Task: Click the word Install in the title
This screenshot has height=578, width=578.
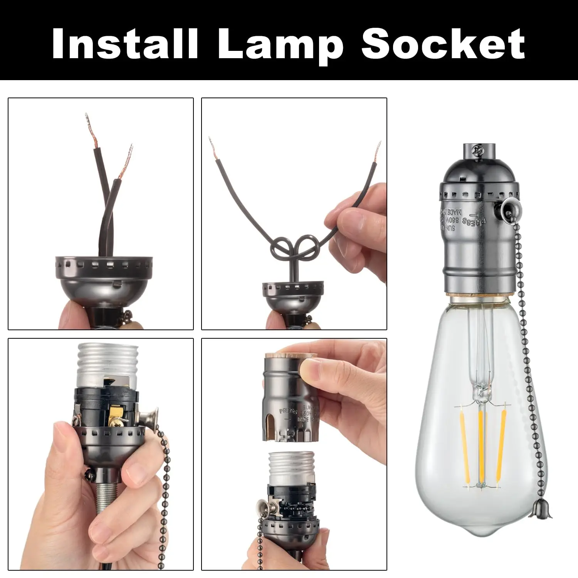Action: pyautogui.click(x=125, y=43)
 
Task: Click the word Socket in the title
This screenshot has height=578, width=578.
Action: pyautogui.click(x=443, y=43)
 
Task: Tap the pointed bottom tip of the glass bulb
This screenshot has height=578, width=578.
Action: pyautogui.click(x=481, y=553)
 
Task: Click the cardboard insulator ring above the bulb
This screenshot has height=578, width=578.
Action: pyautogui.click(x=480, y=297)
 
